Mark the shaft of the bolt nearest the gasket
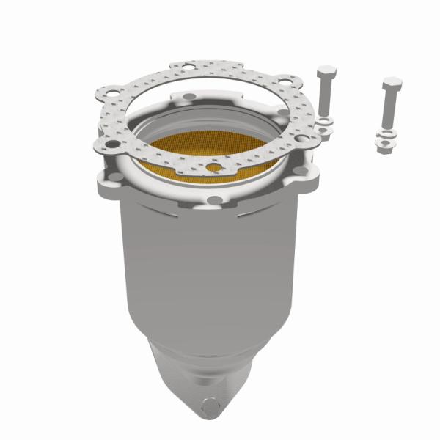tap(325, 99)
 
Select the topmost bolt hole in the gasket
tap(188, 69)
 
